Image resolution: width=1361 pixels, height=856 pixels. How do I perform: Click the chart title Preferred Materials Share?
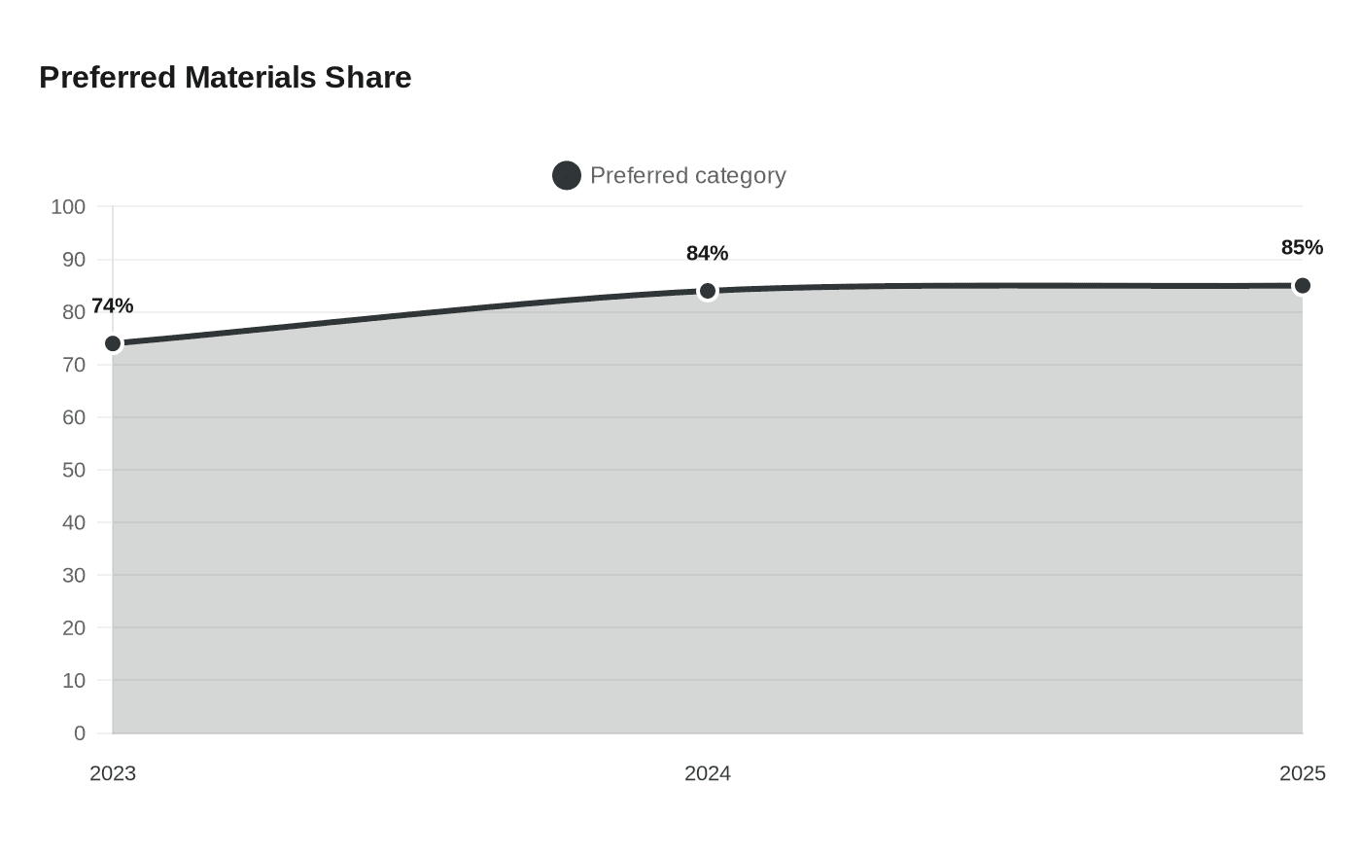tap(226, 78)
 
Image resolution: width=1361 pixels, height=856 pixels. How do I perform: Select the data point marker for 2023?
tap(113, 344)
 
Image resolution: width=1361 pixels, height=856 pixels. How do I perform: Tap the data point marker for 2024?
tap(708, 291)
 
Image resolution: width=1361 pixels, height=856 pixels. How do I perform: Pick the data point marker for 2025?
tap(1302, 286)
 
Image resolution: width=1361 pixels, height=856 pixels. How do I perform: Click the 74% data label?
tap(113, 305)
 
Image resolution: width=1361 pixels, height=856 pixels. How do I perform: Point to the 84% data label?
tap(708, 254)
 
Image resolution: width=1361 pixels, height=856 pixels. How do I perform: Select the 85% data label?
tap(1302, 247)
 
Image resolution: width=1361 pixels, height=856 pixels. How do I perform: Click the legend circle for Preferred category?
tap(566, 176)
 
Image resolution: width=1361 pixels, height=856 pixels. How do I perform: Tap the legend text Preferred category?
tap(688, 176)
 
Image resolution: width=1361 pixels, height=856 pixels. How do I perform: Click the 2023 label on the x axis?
tap(113, 774)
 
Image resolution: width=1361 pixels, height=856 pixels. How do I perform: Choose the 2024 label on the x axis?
tap(708, 774)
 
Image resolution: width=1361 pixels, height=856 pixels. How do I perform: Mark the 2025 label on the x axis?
tap(1302, 774)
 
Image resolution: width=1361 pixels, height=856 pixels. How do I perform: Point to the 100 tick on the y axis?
tap(68, 207)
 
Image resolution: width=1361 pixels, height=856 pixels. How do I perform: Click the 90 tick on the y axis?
tap(74, 261)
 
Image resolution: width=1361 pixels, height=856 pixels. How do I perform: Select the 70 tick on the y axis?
tap(74, 366)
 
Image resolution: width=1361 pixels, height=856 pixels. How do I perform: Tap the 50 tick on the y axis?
tap(74, 471)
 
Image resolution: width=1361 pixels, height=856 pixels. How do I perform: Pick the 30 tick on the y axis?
tap(74, 576)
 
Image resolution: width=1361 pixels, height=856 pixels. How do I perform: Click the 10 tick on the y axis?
tap(74, 681)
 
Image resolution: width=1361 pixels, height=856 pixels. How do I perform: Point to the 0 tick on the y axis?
tap(80, 733)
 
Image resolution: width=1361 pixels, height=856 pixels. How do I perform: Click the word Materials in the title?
tap(251, 78)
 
